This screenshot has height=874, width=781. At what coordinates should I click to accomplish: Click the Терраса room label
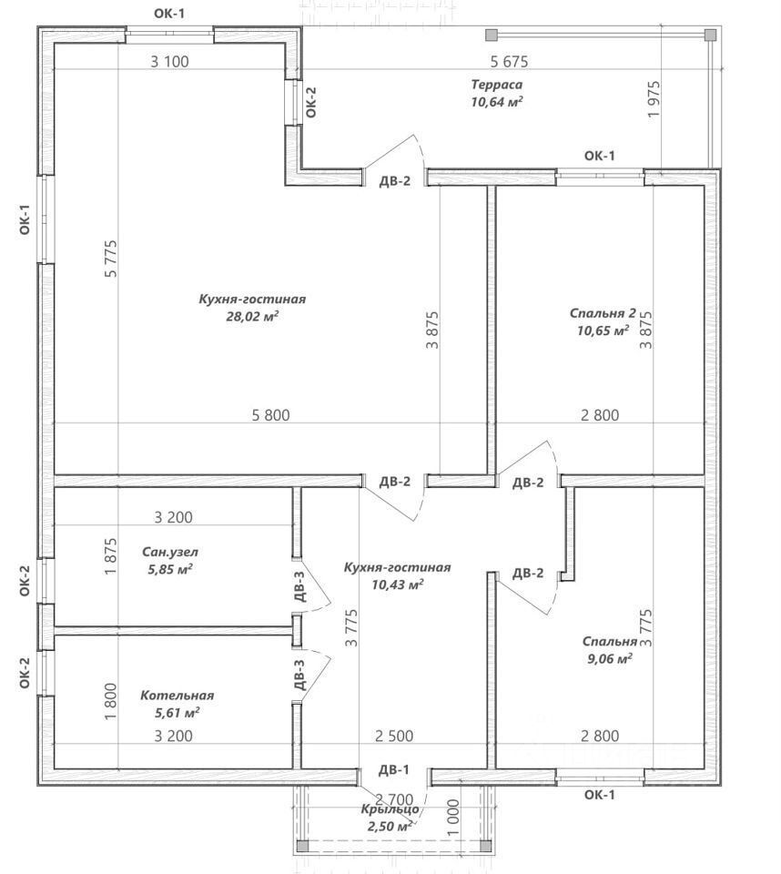point(497,85)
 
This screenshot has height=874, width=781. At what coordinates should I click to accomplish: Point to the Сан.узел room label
point(170,552)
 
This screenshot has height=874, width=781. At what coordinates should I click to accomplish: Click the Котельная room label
point(177,696)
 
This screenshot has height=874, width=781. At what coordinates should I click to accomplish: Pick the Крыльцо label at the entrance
point(390,808)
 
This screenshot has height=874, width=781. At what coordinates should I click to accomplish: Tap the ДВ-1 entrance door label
point(394,770)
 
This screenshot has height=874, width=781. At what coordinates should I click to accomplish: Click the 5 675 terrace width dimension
point(509,62)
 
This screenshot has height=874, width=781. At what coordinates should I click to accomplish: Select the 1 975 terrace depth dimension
point(654,103)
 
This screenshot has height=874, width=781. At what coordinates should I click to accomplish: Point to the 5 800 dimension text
point(270,415)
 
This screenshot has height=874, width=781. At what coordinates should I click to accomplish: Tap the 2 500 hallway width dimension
point(394,736)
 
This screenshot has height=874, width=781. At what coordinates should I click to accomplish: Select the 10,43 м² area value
point(398,584)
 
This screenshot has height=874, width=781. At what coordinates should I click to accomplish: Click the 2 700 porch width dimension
point(382,799)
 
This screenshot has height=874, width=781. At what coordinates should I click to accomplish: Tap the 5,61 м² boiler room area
point(177,712)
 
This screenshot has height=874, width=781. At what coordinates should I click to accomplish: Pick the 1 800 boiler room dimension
point(111,703)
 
